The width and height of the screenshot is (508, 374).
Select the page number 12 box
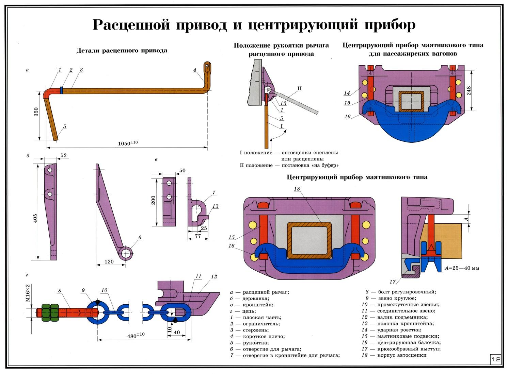496,359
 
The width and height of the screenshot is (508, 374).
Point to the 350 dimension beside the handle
36,112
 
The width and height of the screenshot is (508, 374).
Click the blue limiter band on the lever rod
61,89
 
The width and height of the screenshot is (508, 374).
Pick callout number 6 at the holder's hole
140,237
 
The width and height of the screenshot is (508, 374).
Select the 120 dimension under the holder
109,262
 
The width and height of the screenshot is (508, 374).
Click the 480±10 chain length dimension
136,336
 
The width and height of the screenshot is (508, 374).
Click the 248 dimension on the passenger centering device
469,90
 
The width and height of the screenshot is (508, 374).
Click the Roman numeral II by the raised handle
299,89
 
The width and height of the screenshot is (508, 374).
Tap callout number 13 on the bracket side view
215,206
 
